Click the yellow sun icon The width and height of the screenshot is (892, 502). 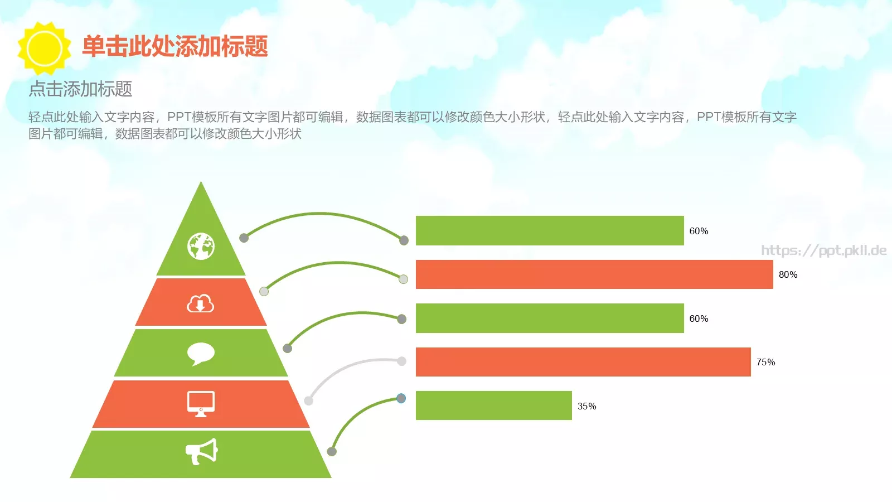[44, 49]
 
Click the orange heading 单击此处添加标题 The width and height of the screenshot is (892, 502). [175, 46]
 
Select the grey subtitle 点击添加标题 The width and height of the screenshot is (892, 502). [80, 89]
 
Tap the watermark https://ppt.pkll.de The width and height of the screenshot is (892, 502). [823, 250]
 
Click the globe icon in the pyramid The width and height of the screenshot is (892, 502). [201, 246]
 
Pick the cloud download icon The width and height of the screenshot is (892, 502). [200, 303]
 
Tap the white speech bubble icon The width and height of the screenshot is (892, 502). [201, 354]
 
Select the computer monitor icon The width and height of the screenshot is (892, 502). [201, 403]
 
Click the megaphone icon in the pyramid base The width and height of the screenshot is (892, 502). [201, 452]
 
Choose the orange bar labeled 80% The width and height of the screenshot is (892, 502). [594, 274]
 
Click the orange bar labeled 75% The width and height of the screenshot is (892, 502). [583, 362]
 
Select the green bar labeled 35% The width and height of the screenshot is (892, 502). [493, 406]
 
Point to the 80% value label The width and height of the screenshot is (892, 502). [788, 274]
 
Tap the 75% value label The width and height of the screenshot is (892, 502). [765, 362]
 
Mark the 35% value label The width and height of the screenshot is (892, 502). [586, 406]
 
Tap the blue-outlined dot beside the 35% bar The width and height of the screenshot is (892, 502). [401, 398]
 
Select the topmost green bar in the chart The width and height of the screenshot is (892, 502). [550, 230]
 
